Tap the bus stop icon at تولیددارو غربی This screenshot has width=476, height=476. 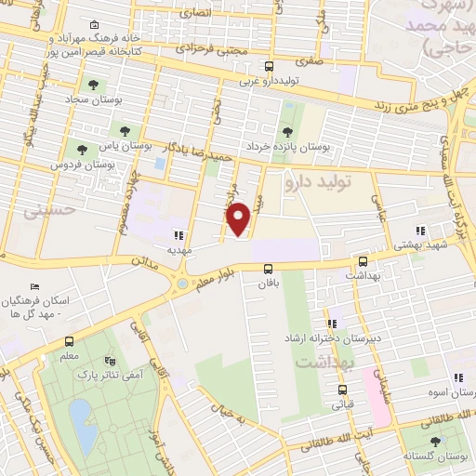pos(269,66)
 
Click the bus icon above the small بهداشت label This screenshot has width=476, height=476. pos(363,262)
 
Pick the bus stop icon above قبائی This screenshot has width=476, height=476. pos(342,390)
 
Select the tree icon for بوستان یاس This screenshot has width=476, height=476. pos(123,130)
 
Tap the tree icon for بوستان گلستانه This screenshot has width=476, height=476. pos(434,442)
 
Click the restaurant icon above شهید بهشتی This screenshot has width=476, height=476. pos(420,230)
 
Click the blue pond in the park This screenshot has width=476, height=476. pos(79,412)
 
